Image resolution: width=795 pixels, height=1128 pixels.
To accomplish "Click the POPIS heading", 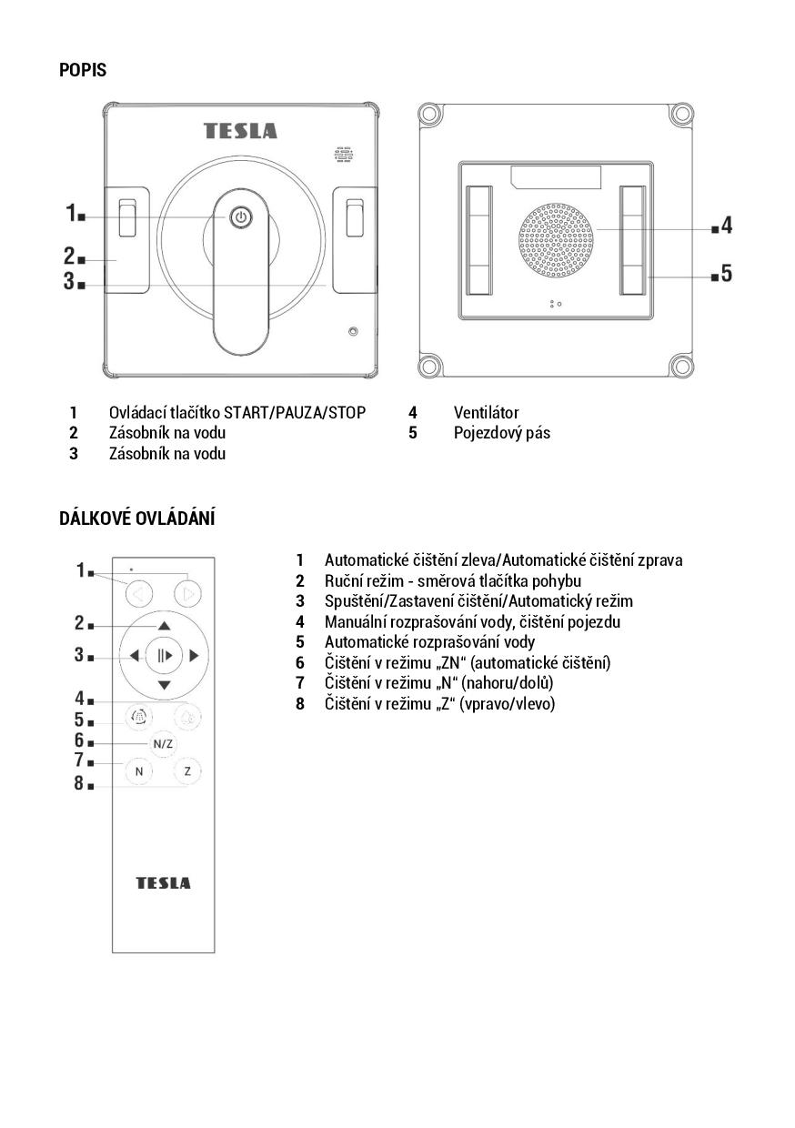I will click(83, 70).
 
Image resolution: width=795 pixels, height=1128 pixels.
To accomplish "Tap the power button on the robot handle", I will click(240, 217).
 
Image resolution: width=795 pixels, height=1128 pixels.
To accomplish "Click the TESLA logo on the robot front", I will click(240, 131).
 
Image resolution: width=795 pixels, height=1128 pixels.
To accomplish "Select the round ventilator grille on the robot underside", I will click(557, 239).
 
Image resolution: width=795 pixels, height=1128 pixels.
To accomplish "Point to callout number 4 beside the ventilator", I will click(726, 226).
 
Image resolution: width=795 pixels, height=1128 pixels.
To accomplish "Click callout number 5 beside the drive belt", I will click(726, 273).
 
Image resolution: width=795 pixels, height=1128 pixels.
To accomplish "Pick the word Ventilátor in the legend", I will click(486, 413).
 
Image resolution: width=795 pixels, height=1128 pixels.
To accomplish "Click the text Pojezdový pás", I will click(501, 433).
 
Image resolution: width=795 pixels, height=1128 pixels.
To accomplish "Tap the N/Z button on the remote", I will click(163, 743).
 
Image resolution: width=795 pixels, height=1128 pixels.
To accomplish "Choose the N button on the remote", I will click(139, 771).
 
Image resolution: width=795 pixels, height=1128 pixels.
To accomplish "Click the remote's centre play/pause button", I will click(164, 655).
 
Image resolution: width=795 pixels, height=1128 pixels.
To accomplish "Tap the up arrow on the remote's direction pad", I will click(164, 626).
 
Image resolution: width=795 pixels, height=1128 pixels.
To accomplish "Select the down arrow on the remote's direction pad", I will click(164, 685).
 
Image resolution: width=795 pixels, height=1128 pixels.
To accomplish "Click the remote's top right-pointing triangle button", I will click(187, 596).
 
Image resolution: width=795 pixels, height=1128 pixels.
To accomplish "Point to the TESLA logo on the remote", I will click(164, 883).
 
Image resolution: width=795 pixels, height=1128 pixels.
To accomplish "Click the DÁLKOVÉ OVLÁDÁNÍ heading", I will click(136, 519).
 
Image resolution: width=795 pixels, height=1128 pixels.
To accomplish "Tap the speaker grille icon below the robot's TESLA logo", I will click(343, 155).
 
